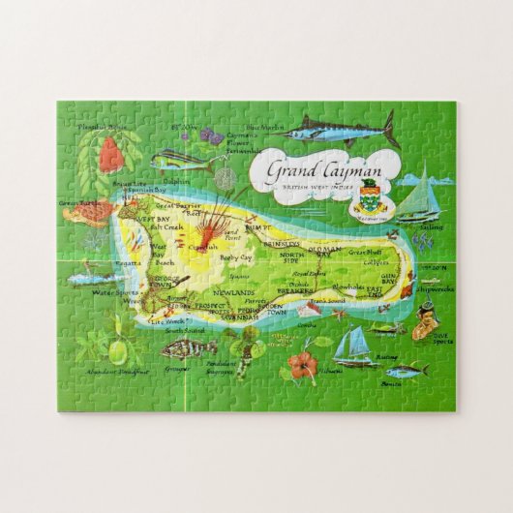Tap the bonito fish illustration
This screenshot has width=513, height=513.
click(406, 370)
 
